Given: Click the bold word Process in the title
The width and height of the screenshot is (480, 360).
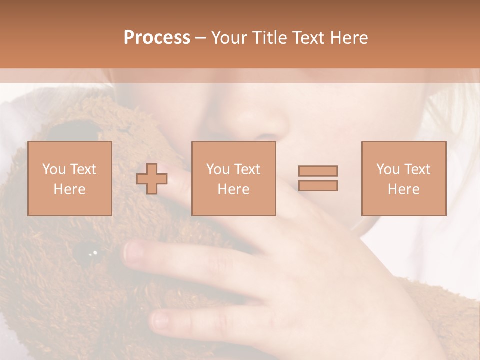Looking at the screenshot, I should [x=157, y=38].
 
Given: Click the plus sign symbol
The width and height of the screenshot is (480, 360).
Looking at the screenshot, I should [x=152, y=178].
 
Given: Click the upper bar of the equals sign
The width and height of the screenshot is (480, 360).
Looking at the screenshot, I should [x=318, y=171].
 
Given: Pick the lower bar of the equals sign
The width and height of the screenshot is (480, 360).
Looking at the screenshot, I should [x=318, y=185].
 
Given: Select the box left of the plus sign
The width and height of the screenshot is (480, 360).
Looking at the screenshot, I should [x=69, y=178].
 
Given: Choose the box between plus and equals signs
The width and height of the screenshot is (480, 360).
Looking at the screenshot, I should [x=233, y=178].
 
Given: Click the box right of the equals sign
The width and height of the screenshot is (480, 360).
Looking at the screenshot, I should [x=403, y=178].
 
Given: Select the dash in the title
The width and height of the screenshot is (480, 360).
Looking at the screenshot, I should [x=201, y=38].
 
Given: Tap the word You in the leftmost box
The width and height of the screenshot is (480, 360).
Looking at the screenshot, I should [x=53, y=169].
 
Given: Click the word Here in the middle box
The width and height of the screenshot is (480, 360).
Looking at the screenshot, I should [x=233, y=189].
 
